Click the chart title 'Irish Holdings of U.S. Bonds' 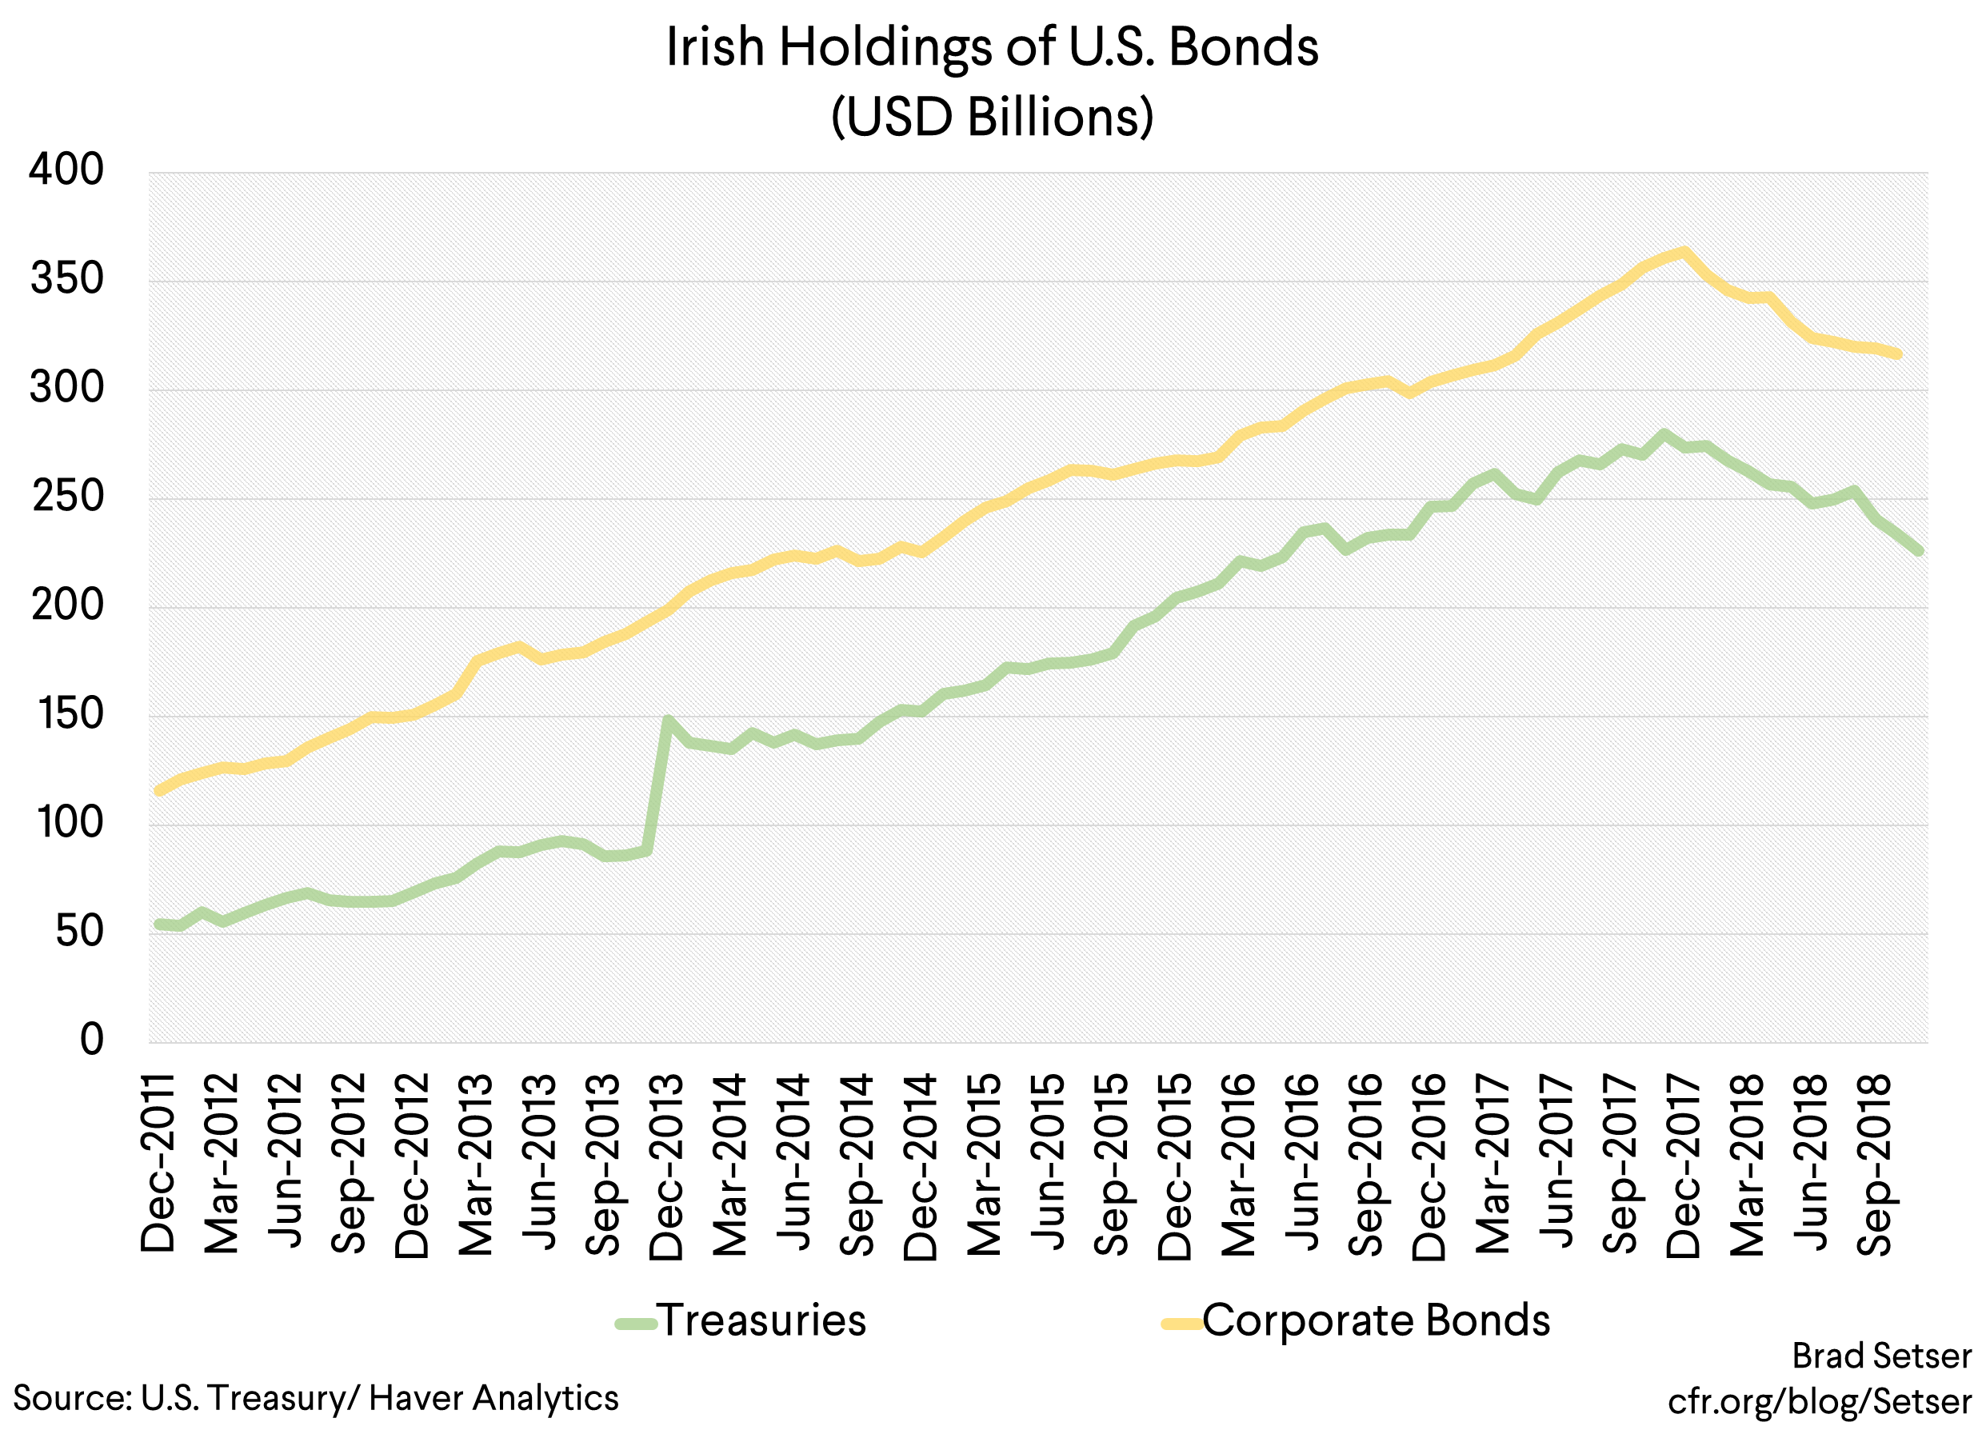tap(991, 47)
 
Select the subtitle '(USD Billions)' tap(991, 117)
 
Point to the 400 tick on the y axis tap(66, 170)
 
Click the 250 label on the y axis tap(66, 497)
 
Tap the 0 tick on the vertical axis tap(91, 1041)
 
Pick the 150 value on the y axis tap(68, 714)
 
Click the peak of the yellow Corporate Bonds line tap(1684, 253)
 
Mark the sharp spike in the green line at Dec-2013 tap(668, 721)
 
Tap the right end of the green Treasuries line tap(1919, 550)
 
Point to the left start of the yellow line tap(158, 791)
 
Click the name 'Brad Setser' tap(1882, 1356)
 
